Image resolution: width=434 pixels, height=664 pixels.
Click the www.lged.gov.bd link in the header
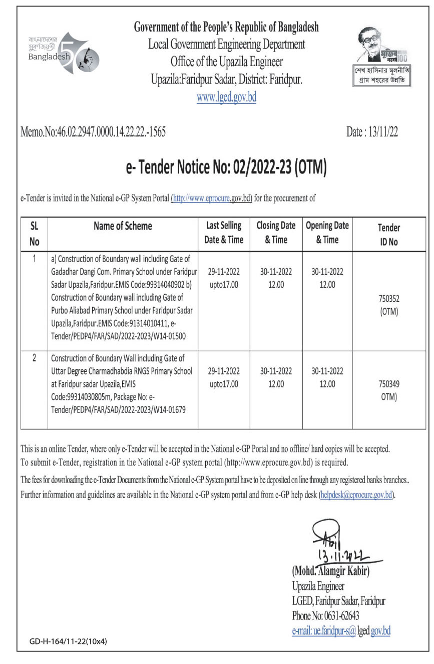click(226, 97)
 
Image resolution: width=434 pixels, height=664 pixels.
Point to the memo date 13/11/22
click(372, 132)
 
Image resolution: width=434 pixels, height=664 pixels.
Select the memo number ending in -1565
click(93, 132)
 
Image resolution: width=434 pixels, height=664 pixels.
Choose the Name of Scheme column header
click(123, 227)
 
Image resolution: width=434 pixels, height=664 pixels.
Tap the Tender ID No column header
click(389, 234)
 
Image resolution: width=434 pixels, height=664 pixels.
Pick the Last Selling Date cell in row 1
click(224, 278)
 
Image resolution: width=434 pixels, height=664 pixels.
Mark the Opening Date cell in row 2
click(327, 378)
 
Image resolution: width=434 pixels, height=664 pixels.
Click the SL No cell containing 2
click(34, 358)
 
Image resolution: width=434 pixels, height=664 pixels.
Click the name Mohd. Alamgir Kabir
click(330, 571)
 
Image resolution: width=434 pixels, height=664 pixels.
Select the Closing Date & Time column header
click(276, 233)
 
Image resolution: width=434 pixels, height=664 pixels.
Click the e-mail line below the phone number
click(341, 631)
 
